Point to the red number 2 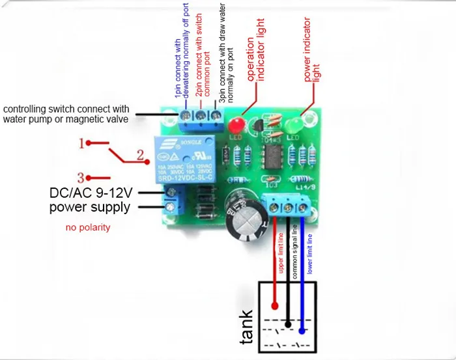tap(139, 155)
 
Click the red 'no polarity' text tap(88, 228)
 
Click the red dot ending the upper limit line tap(276, 303)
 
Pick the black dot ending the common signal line tap(287, 319)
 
